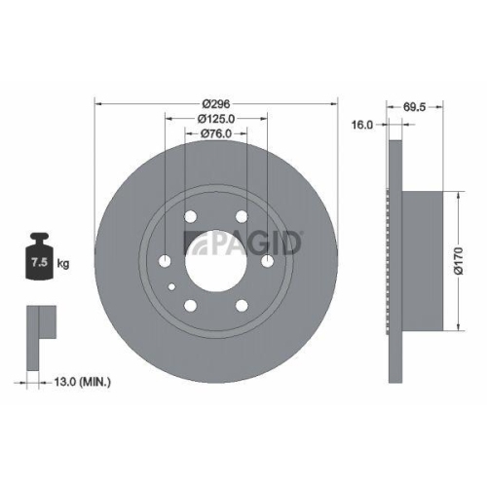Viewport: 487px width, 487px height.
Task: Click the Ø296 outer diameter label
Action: pos(215,103)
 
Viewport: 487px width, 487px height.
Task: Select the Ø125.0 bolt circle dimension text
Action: pos(215,119)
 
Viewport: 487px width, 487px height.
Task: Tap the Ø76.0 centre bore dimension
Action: pos(215,134)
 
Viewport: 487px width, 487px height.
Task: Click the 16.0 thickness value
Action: pos(363,126)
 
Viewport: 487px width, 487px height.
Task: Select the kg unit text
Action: pos(62,264)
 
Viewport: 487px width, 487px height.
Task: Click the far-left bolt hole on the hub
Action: pos(165,260)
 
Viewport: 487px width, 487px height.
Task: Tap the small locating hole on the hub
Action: pos(171,285)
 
